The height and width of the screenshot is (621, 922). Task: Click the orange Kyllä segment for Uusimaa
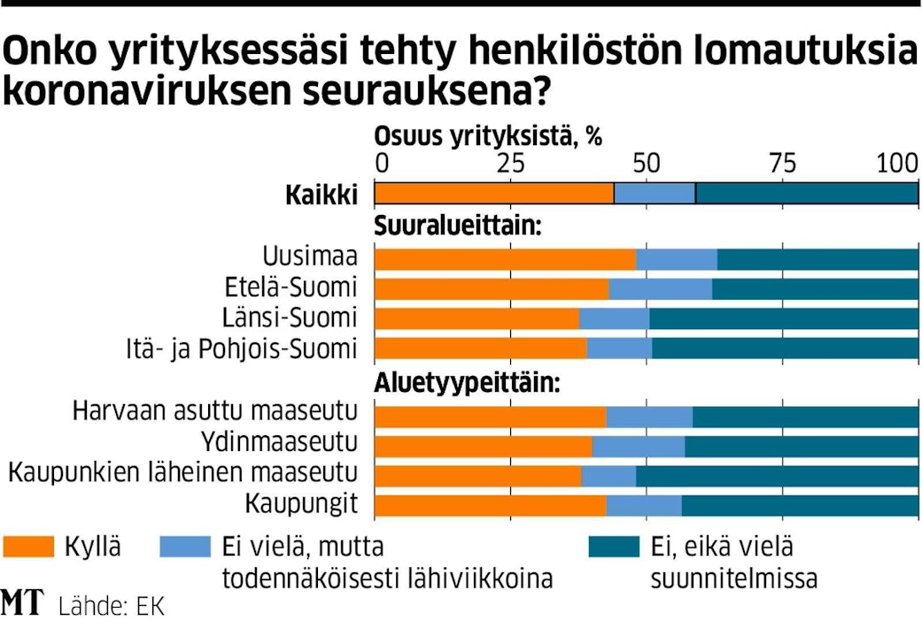click(505, 259)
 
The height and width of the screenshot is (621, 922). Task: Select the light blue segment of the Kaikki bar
click(655, 193)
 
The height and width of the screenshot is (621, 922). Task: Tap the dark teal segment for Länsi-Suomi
click(784, 318)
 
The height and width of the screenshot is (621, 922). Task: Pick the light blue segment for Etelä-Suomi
click(660, 289)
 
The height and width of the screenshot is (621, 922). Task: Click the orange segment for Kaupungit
click(490, 505)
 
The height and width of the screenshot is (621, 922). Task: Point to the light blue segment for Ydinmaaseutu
click(639, 446)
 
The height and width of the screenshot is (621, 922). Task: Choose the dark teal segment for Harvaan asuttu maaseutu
click(805, 417)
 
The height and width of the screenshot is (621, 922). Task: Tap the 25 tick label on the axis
click(510, 164)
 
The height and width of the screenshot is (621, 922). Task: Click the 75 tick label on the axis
click(782, 164)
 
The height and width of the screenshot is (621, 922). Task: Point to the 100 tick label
click(897, 164)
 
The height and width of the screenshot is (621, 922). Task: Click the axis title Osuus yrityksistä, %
click(488, 137)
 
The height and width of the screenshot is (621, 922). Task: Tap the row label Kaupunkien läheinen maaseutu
click(182, 474)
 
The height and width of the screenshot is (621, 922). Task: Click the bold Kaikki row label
click(321, 194)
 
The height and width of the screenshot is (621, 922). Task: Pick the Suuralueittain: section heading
click(458, 227)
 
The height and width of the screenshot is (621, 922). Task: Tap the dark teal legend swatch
click(613, 547)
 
